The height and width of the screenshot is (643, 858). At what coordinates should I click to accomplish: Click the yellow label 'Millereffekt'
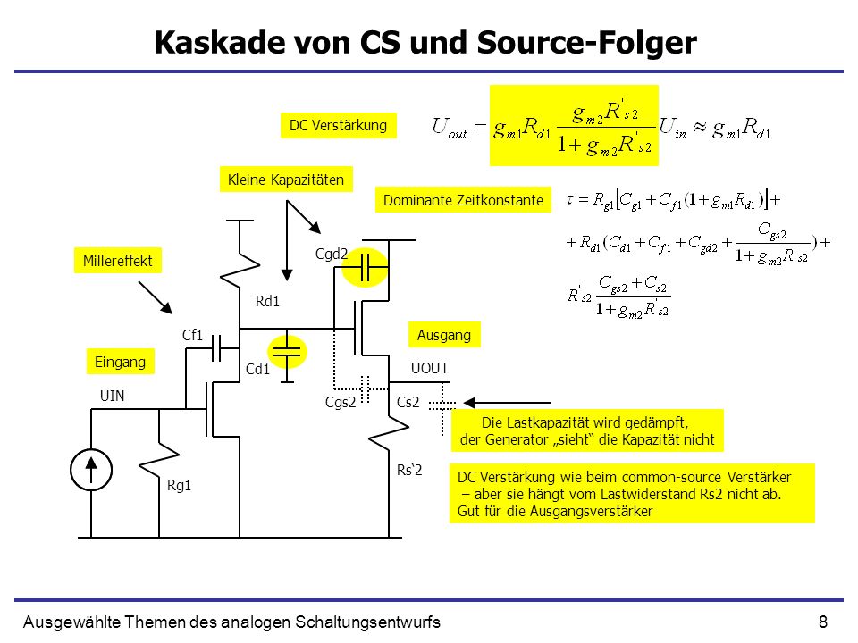118,261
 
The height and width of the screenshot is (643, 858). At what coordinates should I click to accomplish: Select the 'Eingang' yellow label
121,362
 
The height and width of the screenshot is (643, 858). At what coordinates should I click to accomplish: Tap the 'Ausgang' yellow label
444,335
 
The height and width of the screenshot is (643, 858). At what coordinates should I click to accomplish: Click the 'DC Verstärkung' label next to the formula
338,125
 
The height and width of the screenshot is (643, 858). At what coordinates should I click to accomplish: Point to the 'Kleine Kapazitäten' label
286,180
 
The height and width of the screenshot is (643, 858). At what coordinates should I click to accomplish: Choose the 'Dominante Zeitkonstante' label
463,200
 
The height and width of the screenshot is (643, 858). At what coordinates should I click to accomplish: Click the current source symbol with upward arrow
91,470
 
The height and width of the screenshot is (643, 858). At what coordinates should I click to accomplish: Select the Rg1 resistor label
179,485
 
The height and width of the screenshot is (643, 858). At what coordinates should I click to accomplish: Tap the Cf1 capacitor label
193,335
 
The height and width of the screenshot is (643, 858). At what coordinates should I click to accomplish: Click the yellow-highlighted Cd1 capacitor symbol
287,352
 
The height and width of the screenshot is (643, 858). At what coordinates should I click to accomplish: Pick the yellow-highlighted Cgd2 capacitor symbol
365,267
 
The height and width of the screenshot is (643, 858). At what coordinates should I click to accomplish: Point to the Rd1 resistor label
267,301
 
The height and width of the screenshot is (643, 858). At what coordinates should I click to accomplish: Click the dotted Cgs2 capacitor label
341,403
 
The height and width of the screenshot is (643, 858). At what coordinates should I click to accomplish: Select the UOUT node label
430,369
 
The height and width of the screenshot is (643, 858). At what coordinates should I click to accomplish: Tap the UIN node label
113,396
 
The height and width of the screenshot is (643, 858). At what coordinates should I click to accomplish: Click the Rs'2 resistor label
409,470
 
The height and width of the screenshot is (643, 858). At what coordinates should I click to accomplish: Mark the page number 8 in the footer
823,622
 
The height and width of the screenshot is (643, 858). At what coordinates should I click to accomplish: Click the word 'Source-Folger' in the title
586,42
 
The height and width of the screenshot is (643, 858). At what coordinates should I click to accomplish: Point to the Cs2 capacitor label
408,403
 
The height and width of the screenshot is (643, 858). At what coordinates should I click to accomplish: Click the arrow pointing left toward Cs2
507,403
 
